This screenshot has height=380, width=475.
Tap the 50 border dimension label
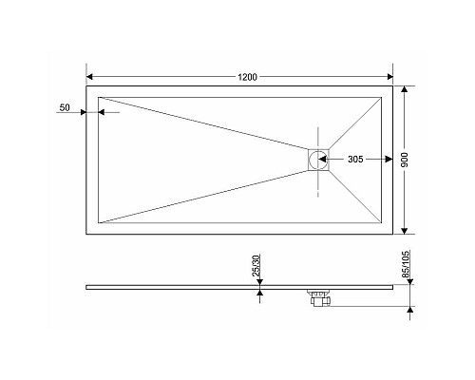[x=65, y=108]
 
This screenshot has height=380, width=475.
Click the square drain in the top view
[x=317, y=159]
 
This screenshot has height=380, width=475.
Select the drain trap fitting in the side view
[x=317, y=298]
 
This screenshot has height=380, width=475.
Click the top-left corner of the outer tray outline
[x=86, y=86]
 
